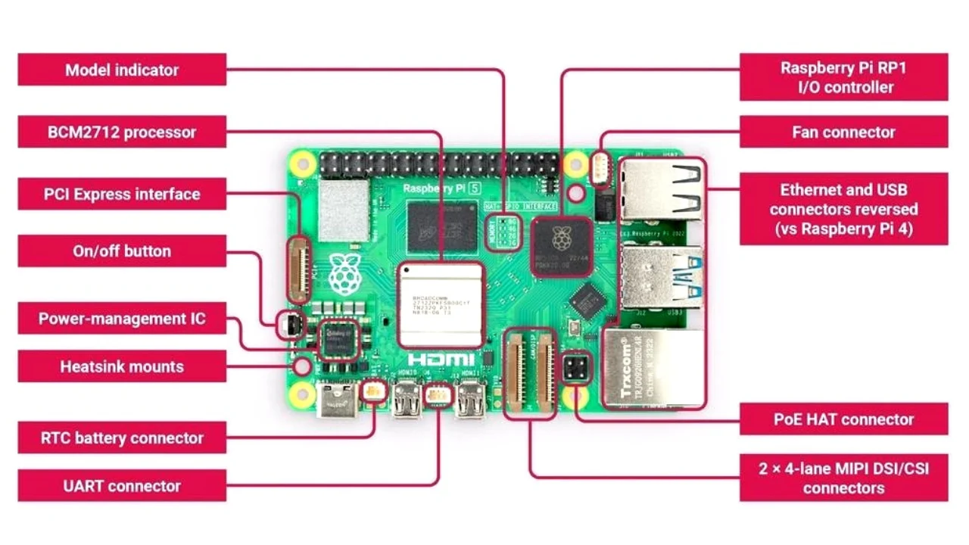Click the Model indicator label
tap(122, 70)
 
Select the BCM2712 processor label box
tap(122, 132)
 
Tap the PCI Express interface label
tap(122, 194)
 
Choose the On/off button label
tap(122, 251)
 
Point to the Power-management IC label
tap(122, 319)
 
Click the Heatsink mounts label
tap(122, 366)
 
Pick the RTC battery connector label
tap(122, 438)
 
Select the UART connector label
tap(122, 485)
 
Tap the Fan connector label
tap(843, 132)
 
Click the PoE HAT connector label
tap(843, 419)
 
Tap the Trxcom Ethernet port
tap(651, 368)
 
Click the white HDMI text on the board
tap(441, 360)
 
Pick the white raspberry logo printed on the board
tap(344, 274)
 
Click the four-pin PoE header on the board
tap(577, 370)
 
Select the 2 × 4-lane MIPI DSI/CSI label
tap(843, 478)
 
